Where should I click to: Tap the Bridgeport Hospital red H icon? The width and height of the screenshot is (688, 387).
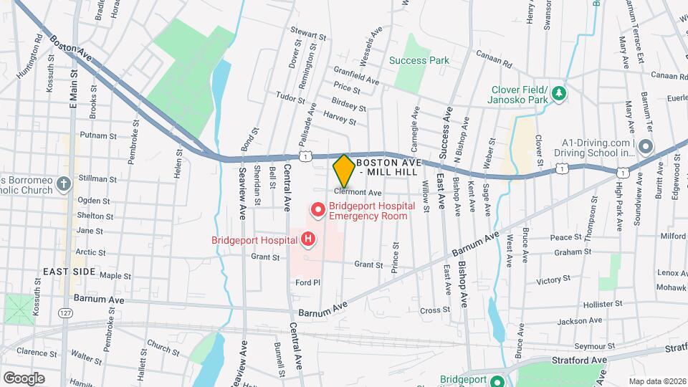tap(308, 239)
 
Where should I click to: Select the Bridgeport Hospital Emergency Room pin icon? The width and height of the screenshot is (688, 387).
tap(317, 210)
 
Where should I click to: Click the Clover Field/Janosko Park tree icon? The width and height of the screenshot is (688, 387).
tap(559, 94)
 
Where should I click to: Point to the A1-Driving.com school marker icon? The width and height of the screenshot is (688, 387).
tap(646, 147)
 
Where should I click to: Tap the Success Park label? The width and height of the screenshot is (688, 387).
tap(419, 60)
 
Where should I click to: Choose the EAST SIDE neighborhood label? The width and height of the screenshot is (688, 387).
tap(69, 272)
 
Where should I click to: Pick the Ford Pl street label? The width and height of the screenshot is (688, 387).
tap(307, 282)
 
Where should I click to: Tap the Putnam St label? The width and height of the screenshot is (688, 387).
tap(98, 135)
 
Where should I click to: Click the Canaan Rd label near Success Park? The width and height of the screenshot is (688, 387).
tap(497, 64)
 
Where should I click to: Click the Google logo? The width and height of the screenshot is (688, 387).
tap(24, 378)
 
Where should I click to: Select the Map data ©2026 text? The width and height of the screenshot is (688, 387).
tap(656, 381)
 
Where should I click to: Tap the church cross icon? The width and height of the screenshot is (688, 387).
tap(64, 184)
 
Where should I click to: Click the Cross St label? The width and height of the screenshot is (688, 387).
tap(434, 310)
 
